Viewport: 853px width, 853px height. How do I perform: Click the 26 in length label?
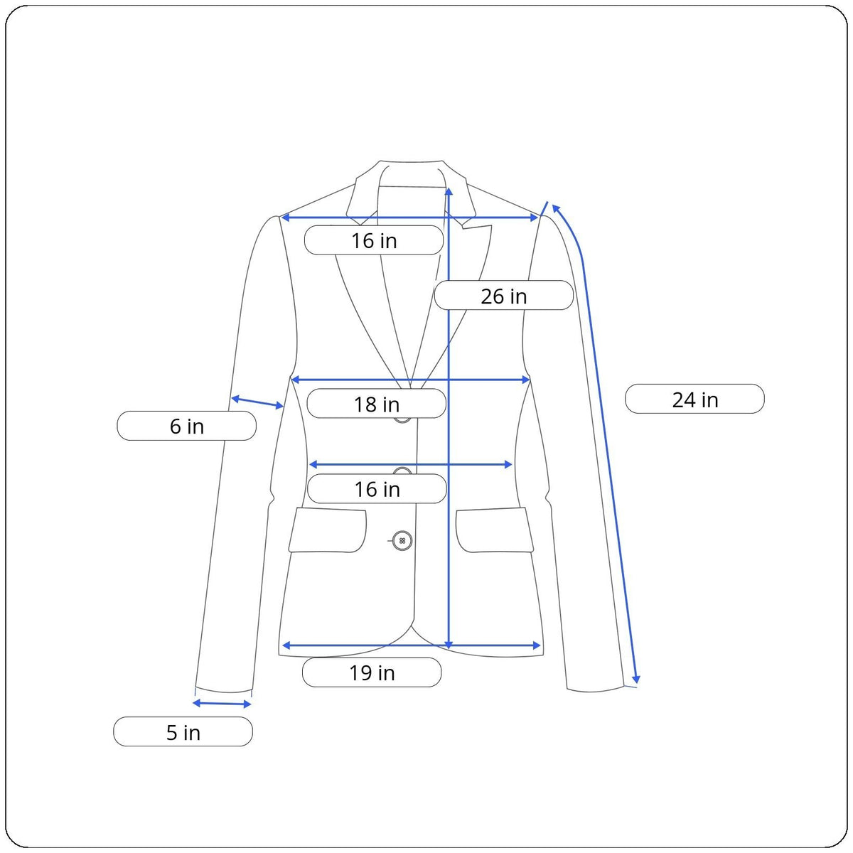503,296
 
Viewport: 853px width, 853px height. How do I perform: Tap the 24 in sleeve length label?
694,399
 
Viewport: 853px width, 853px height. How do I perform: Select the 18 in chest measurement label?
376,404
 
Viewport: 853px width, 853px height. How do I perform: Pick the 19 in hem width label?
371,672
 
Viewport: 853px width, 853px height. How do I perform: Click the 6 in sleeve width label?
186,426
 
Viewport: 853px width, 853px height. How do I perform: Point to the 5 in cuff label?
183,732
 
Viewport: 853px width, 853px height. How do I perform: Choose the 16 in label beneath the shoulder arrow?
374,241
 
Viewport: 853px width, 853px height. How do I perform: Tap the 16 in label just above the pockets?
377,489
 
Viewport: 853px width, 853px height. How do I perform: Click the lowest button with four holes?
402,541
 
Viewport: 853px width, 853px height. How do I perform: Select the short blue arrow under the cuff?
222,704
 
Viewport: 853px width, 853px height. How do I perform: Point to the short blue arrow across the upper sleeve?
257,402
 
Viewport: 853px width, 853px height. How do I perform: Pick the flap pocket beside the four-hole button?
328,530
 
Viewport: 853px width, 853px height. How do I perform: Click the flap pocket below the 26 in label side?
495,530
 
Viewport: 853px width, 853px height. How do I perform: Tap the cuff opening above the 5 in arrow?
223,690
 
